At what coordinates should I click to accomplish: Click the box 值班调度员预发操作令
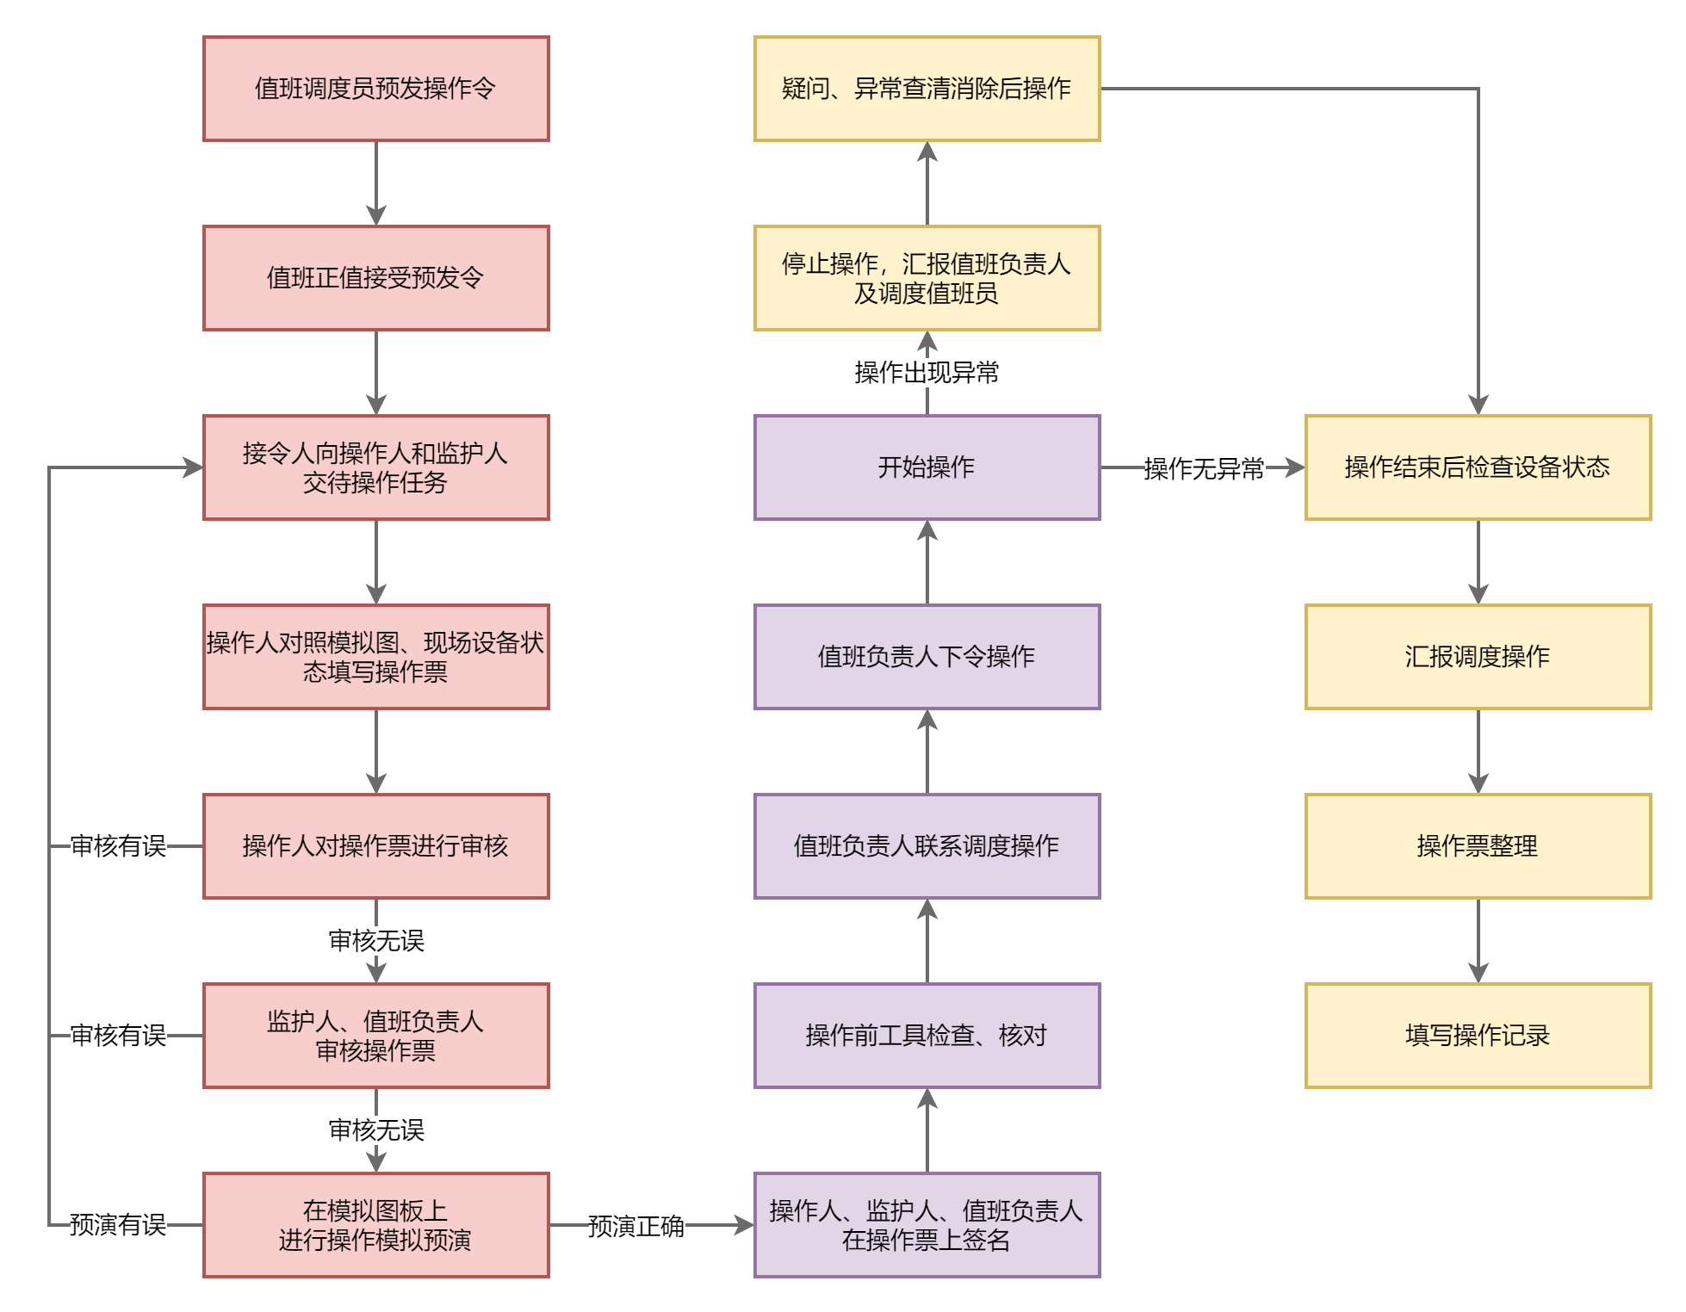coord(375,89)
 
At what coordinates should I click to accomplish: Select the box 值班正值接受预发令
coord(375,278)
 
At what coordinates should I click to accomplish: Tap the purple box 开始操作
coord(927,467)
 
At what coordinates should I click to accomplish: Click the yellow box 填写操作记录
coord(1478,1036)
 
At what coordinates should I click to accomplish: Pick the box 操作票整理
coord(1478,846)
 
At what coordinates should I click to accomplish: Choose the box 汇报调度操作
coord(1478,657)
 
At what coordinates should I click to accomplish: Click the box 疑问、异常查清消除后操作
coord(927,89)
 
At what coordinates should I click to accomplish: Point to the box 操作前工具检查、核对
coord(927,1036)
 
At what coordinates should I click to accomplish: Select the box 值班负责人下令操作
coord(927,657)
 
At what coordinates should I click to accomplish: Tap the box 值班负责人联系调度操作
coord(927,846)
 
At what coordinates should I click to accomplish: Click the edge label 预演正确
coord(635,1226)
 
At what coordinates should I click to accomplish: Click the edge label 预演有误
coord(118,1224)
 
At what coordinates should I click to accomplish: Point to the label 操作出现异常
coord(927,373)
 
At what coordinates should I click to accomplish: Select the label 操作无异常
coord(1204,468)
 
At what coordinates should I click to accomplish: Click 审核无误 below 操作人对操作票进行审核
coord(376,940)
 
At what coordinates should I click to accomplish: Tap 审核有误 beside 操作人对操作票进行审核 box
coord(118,845)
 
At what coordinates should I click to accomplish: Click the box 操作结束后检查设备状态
coord(1478,467)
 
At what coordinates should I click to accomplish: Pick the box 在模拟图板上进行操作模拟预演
coord(375,1225)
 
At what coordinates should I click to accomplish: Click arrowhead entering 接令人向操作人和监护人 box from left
coord(195,467)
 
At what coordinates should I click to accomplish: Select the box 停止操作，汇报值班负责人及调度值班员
coord(927,278)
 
